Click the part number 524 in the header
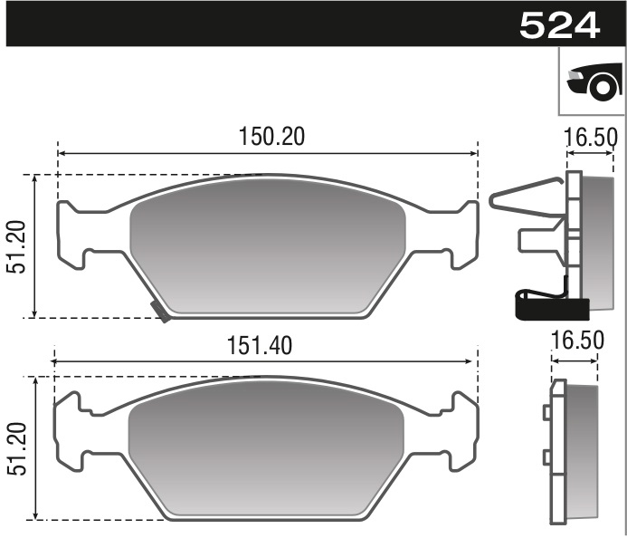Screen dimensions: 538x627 pos(559,25)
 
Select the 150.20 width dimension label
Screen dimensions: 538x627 pos(272,136)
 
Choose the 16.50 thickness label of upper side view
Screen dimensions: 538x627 pos(590,138)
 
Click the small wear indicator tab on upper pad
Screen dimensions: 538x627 pos(160,312)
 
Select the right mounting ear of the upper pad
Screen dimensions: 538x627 pos(462,235)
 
